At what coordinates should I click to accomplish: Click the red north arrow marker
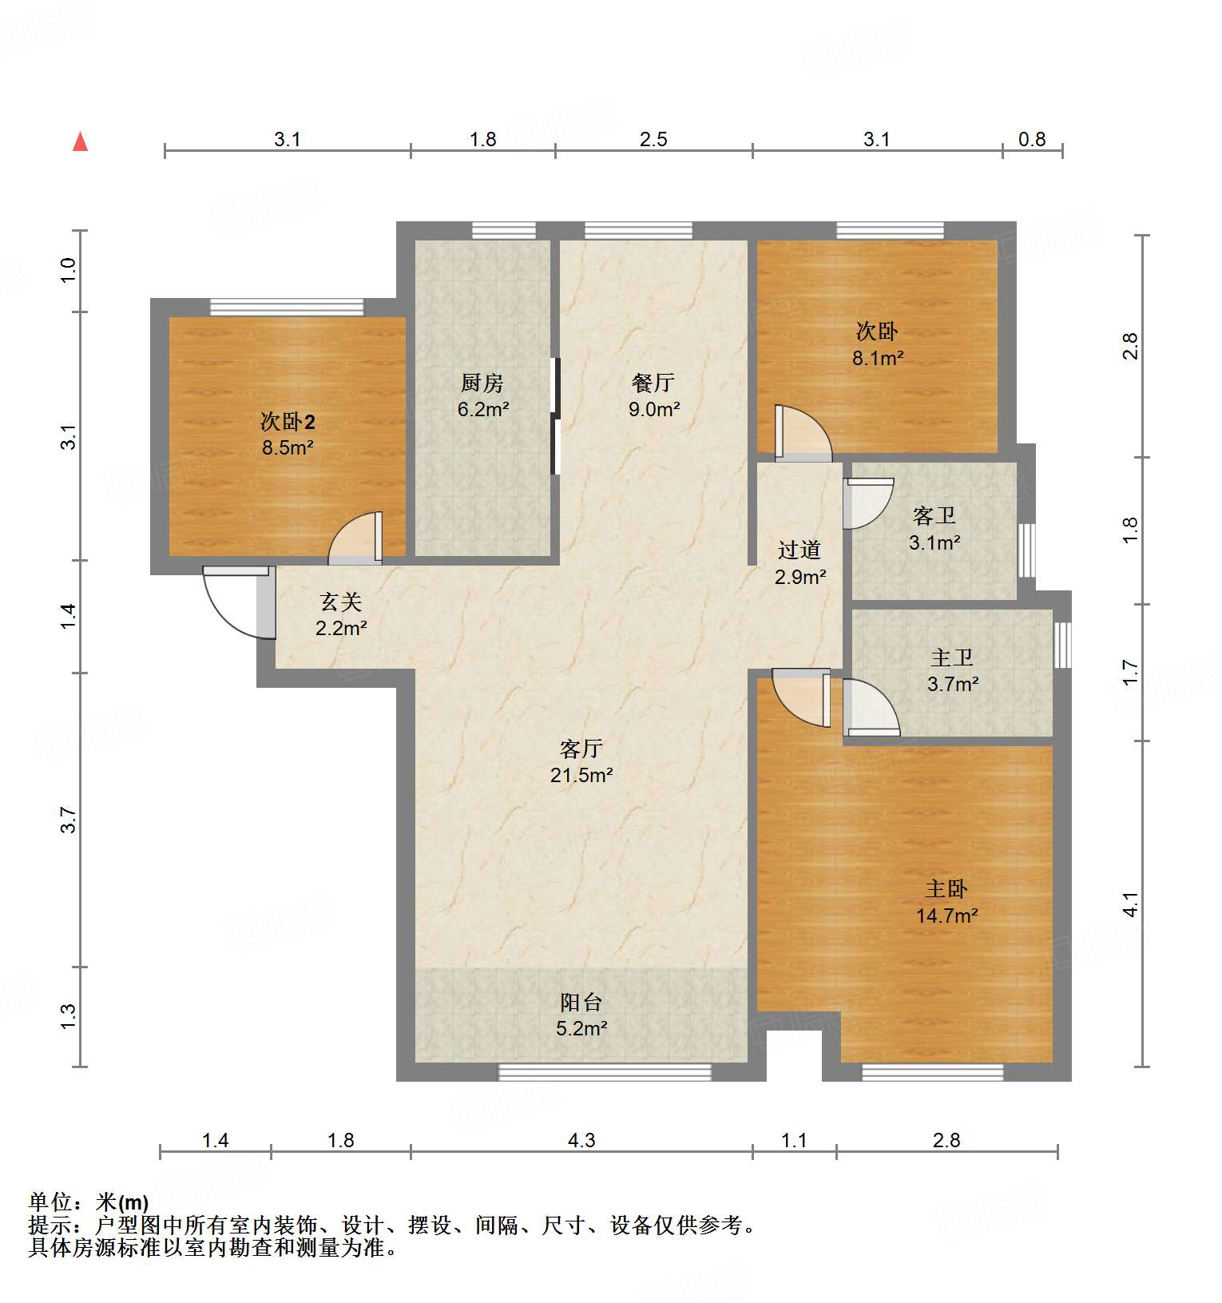point(80,142)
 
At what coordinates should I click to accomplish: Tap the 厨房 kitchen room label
point(482,383)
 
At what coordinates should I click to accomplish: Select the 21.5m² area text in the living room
point(581,775)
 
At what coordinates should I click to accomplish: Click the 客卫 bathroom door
point(867,503)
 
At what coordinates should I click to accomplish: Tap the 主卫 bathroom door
point(871,707)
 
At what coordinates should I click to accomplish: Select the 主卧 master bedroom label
point(946,888)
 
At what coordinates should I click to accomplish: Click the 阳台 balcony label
point(581,1002)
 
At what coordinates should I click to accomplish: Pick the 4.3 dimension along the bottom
point(581,1140)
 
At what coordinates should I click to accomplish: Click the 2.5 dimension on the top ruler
point(653,139)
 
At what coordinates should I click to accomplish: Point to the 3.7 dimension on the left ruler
point(69,820)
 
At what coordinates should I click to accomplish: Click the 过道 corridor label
point(799,550)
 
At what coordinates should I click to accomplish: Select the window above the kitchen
point(503,230)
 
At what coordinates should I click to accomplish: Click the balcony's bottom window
point(605,1072)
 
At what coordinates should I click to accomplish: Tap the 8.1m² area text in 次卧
point(878,359)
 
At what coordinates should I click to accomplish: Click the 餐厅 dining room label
point(653,383)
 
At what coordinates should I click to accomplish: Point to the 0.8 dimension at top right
point(1032,139)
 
